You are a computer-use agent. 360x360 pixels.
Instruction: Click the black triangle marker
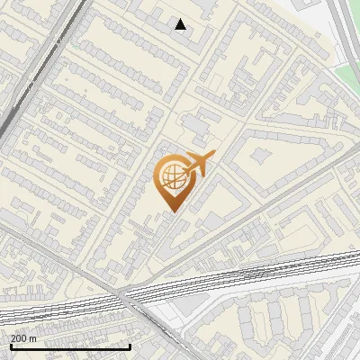coord(181,24)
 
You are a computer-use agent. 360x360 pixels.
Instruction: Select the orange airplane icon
coord(197,165)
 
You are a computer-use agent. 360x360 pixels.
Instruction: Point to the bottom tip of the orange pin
coord(171,211)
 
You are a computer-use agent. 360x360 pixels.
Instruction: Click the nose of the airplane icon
coord(212,156)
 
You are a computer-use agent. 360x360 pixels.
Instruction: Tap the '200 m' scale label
coord(23,338)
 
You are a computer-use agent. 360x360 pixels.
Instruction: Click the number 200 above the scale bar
coord(19,338)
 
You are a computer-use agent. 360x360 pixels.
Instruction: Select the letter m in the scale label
coord(33,338)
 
